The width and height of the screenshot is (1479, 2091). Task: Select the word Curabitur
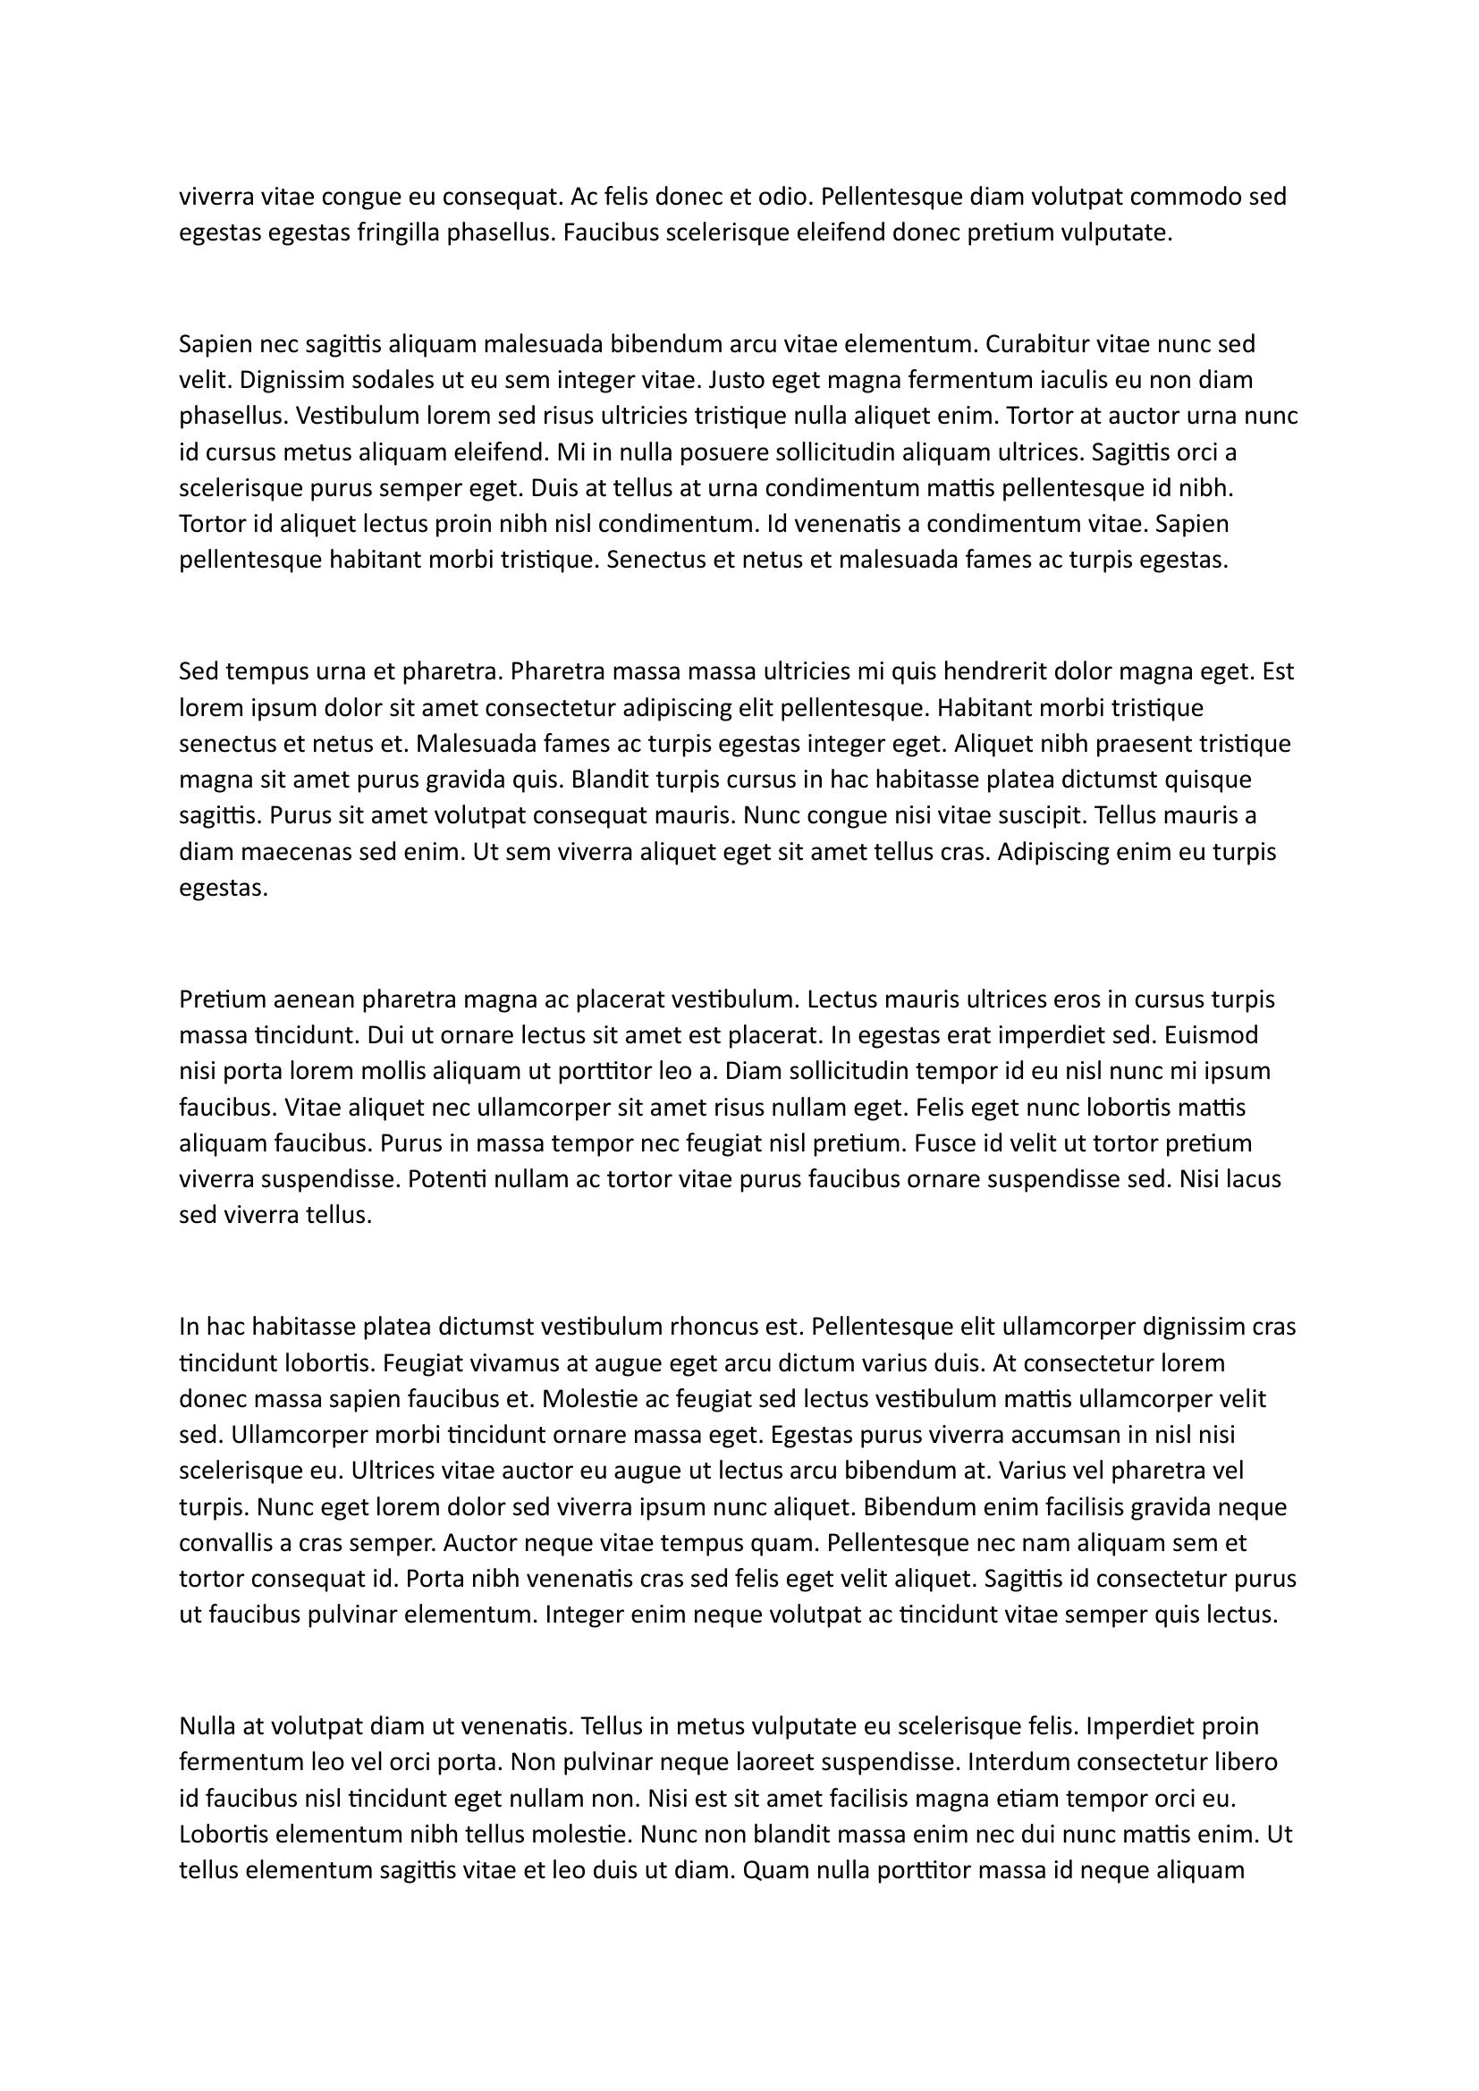(1036, 344)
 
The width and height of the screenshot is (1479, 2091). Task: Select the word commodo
(1186, 197)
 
